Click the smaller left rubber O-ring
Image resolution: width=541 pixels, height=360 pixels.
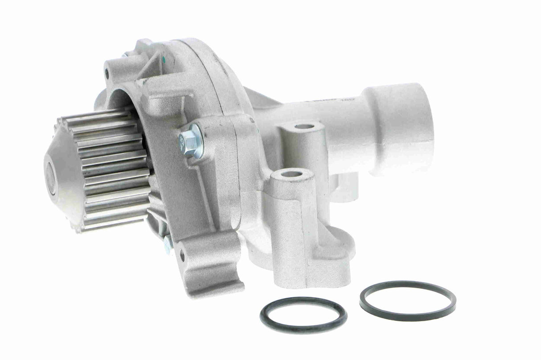tap(303, 315)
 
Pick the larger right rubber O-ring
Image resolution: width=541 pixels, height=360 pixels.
tap(407, 300)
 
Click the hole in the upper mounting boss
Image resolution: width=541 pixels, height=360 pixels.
tap(304, 127)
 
